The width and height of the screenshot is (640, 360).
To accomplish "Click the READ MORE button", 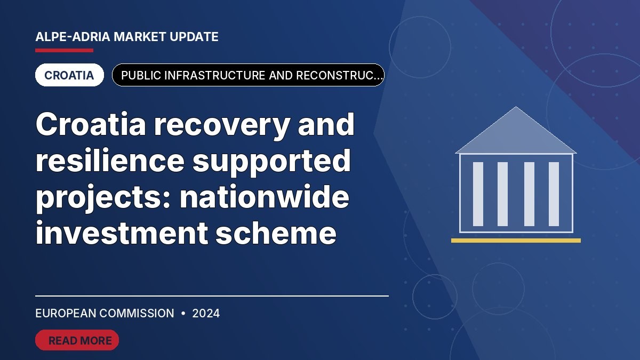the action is coord(77,340).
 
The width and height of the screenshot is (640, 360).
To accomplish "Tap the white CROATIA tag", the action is coord(69,75).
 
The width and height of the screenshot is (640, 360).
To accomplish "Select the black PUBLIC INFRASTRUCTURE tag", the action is coord(248,75).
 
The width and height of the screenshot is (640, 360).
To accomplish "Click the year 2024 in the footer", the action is coord(206,314).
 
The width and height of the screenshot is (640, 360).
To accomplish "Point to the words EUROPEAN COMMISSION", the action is coord(105,314).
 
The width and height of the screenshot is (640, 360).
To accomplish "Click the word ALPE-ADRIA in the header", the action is coord(73,37).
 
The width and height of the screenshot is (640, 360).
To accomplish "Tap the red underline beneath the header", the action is coord(65,51).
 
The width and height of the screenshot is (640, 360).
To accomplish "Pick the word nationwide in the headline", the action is coord(265,197).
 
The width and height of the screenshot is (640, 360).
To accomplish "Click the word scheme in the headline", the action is coord(276,233).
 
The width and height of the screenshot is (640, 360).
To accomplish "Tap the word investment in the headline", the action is coord(122,233).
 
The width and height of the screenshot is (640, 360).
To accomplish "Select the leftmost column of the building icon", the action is coord(478,194).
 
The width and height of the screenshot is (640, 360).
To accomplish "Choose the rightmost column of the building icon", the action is coord(554,194).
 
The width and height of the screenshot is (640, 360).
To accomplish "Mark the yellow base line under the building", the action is coord(516,241).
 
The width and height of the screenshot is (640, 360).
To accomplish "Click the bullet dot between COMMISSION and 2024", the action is coord(183,314).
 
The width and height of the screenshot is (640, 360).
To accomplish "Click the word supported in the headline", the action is coord(271,162).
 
